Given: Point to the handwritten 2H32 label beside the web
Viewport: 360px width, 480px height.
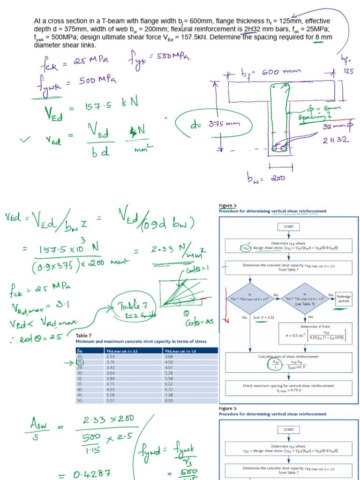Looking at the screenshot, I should click(335, 140).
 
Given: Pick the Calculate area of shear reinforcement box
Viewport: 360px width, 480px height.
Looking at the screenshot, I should click(288, 362).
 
